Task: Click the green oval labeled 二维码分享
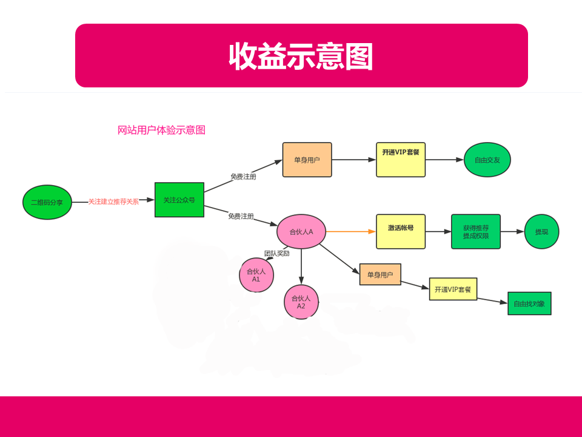click(x=47, y=202)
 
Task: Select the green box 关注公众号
click(x=179, y=200)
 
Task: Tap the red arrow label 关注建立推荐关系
click(x=113, y=202)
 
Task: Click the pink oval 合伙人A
click(x=301, y=231)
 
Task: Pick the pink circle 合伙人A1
click(x=256, y=275)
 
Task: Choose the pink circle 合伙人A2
click(x=301, y=302)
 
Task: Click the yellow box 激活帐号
click(x=401, y=231)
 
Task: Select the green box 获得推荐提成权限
click(x=476, y=231)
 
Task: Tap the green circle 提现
click(x=541, y=231)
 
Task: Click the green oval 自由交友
click(x=487, y=160)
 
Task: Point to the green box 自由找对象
click(x=529, y=303)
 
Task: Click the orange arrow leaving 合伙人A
click(x=351, y=231)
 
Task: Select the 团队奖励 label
click(x=277, y=254)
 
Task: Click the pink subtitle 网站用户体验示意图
click(x=161, y=130)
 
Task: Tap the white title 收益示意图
click(x=301, y=56)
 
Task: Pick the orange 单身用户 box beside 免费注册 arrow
click(x=307, y=160)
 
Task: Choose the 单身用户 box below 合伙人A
click(x=380, y=274)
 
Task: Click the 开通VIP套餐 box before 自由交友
click(x=401, y=160)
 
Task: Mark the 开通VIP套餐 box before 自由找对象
click(x=453, y=289)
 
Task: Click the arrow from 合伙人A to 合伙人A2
click(x=301, y=266)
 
